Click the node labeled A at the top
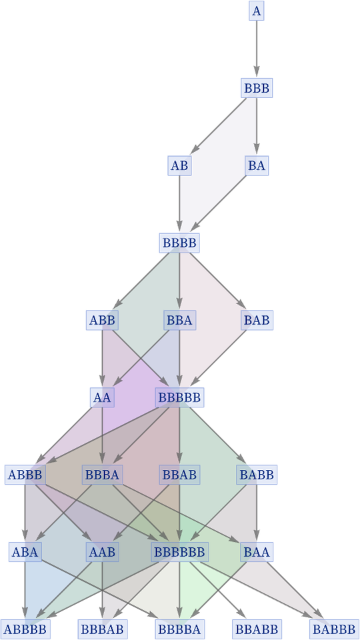[x=256, y=11]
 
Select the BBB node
[x=256, y=88]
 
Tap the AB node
[x=179, y=165]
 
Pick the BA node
[x=256, y=165]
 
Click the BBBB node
[x=179, y=243]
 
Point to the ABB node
[x=102, y=320]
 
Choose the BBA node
[x=179, y=320]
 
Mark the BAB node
[x=256, y=320]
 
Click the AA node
[x=102, y=397]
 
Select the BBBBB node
[x=179, y=397]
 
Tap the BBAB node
[x=179, y=475]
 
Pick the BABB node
[x=256, y=475]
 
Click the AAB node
[x=102, y=552]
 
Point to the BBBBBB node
[x=179, y=552]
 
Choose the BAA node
[x=256, y=552]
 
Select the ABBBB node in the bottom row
[x=25, y=629]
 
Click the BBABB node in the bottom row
[x=256, y=629]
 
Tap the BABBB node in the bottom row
[x=334, y=629]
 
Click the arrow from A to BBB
[x=256, y=49]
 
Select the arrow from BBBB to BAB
[x=217, y=281]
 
